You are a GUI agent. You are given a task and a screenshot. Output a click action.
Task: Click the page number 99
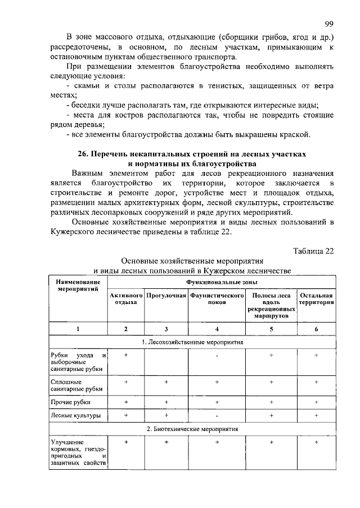pos(330,23)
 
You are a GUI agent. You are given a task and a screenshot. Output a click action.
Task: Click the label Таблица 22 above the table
pos(314,251)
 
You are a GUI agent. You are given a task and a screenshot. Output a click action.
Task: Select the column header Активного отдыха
pos(126,298)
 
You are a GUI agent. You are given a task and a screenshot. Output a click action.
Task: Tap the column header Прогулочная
pos(166,295)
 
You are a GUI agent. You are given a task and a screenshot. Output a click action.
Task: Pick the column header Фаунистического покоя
pos(217,298)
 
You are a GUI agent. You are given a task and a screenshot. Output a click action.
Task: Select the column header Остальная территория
pos(317,298)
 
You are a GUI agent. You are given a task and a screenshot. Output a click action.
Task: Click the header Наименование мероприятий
pos(78,284)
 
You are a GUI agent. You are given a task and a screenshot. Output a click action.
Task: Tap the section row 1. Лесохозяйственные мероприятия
pos(192,342)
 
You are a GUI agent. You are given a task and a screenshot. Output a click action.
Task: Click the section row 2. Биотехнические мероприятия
pos(192,429)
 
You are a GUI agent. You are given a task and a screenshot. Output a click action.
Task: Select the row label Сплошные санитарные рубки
pos(71,385)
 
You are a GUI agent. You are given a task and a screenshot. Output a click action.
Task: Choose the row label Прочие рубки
pos(70,402)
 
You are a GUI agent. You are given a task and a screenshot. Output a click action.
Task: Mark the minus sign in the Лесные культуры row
pos(217,416)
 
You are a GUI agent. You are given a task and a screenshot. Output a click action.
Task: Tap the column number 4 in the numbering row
pos(217,329)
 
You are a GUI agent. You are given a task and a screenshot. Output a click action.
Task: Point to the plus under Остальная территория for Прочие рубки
pos(317,402)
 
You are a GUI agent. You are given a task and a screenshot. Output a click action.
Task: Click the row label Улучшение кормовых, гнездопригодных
pos(78,452)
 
